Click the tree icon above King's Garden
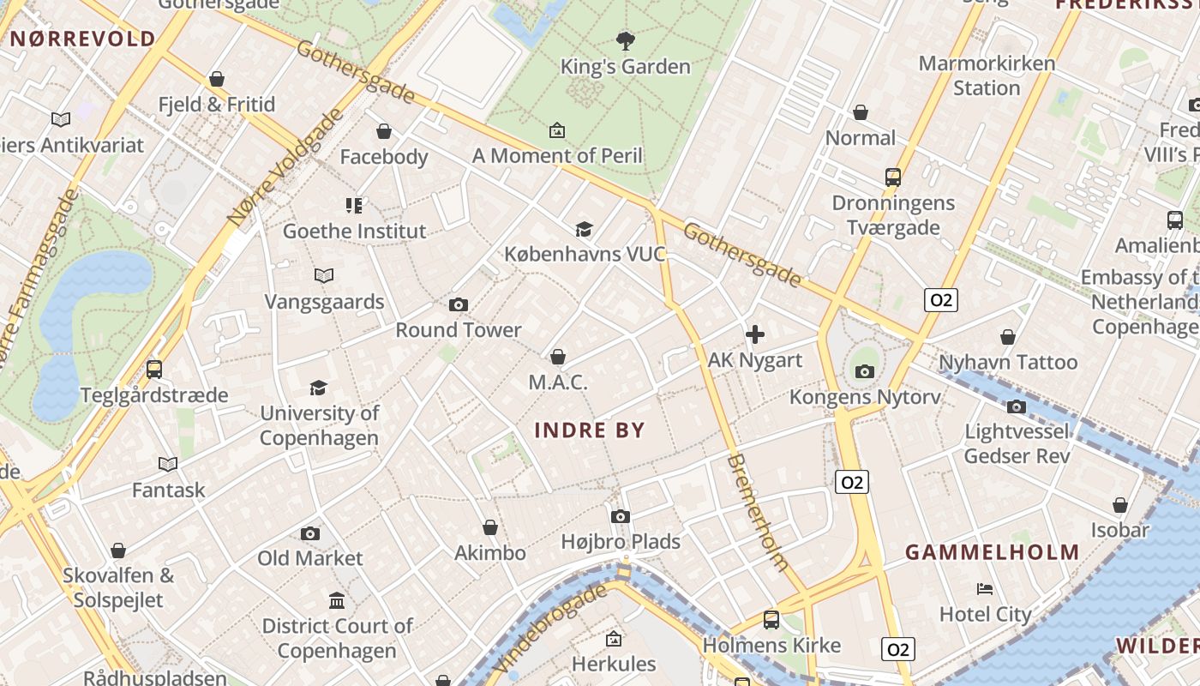(626, 39)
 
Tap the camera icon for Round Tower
(459, 304)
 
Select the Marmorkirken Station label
(986, 75)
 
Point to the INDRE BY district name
(590, 430)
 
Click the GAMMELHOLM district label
(993, 552)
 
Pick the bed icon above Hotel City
(985, 589)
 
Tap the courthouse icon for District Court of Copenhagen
(337, 600)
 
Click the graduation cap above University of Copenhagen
(319, 388)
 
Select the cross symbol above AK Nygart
(755, 334)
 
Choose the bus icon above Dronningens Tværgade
(893, 178)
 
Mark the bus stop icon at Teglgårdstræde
(154, 370)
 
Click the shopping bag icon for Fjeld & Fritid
(217, 79)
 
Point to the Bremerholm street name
(757, 512)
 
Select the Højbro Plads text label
(621, 542)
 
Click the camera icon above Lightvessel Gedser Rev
(1017, 406)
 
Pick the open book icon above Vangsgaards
(323, 275)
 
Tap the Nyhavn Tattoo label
(1008, 363)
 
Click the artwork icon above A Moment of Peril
(557, 130)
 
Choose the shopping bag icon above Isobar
(1120, 505)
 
